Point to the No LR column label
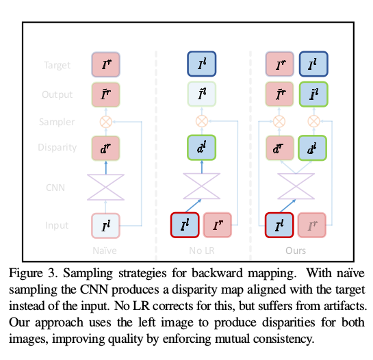point(201,251)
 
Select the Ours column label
point(296,251)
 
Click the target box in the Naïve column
point(105,65)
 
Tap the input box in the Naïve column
point(105,225)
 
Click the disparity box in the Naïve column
point(105,148)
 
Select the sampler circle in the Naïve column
point(105,121)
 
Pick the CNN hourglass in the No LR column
point(201,185)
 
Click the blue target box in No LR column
point(201,65)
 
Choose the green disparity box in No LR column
point(201,148)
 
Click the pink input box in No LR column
point(218,225)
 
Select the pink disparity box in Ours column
point(279,148)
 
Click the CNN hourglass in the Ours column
point(296,185)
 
